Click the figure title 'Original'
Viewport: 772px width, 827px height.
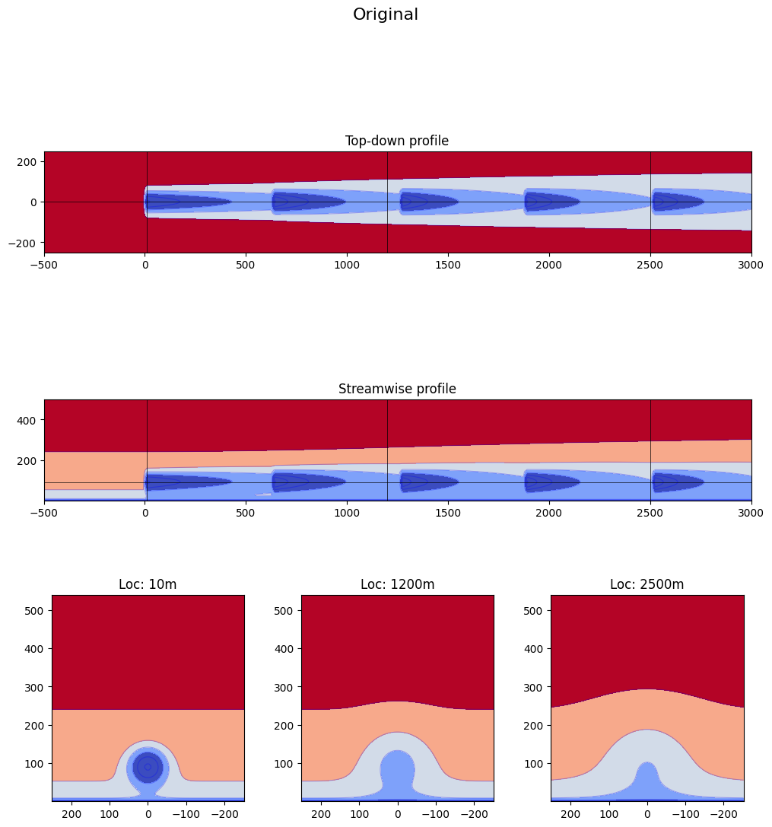pos(386,14)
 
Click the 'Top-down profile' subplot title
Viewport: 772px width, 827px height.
pos(397,141)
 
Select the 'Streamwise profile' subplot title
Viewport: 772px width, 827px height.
pos(397,389)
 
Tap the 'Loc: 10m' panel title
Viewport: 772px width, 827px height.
pos(148,584)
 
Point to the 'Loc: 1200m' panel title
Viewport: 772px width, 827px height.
pos(398,584)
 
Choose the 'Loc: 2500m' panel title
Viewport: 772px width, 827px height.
pos(647,584)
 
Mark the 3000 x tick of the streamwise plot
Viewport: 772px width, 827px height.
pos(751,514)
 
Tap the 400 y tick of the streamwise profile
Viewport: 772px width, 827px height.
pos(30,420)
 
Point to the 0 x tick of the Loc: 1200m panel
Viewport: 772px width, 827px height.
pos(398,813)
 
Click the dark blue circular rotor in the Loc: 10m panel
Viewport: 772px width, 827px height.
pos(148,767)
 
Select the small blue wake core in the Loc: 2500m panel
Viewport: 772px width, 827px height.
pos(647,780)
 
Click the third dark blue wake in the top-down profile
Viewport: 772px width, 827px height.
pos(428,202)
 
